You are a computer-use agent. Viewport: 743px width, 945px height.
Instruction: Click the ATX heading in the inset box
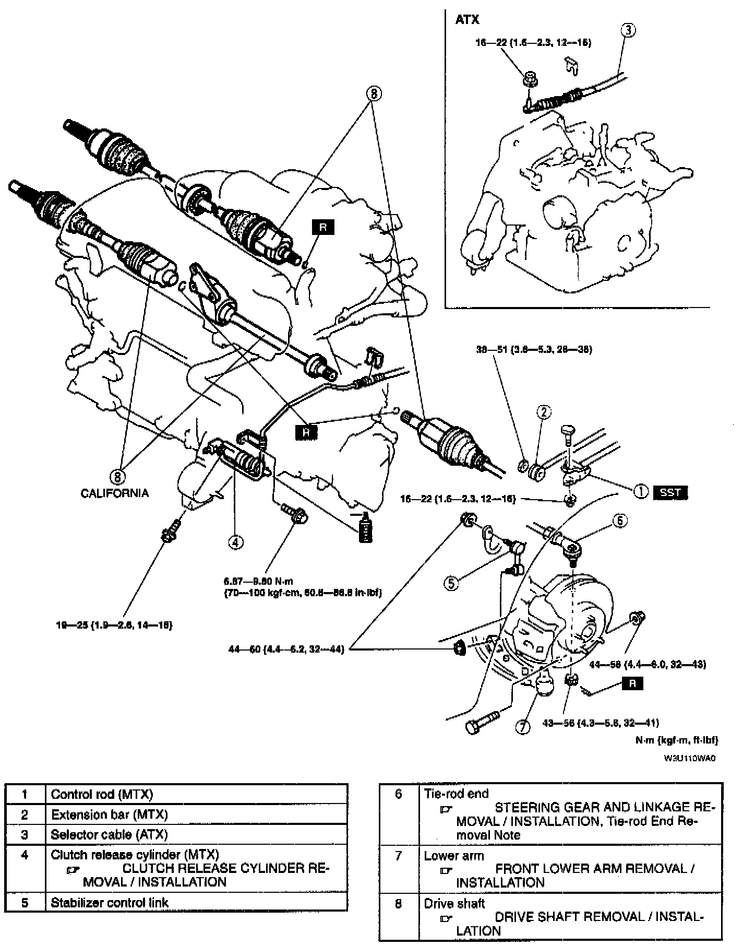pos(467,20)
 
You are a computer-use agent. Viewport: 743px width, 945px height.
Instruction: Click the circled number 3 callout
pos(629,30)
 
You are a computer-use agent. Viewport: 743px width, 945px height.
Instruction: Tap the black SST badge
pos(670,492)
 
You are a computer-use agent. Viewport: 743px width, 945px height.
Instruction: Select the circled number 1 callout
pos(640,491)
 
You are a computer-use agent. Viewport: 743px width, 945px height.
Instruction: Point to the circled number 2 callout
pos(544,412)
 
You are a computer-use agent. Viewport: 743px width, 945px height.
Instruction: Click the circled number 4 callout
pos(235,542)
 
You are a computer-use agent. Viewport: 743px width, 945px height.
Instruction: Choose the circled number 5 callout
pos(451,583)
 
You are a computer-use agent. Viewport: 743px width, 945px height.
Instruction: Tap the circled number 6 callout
pos(619,521)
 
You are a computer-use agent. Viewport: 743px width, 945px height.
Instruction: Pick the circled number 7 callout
pos(523,727)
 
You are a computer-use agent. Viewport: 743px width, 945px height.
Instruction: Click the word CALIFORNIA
pos(115,493)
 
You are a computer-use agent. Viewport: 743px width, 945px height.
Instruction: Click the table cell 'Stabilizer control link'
pos(110,902)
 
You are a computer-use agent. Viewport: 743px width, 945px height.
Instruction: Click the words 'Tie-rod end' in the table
pos(456,794)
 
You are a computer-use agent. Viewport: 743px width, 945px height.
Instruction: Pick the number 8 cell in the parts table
pos(399,904)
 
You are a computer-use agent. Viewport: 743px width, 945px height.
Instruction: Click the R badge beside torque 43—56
pos(632,683)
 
